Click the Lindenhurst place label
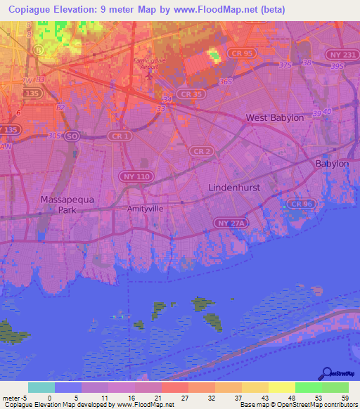click(x=234, y=188)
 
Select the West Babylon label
click(x=274, y=118)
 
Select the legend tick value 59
click(x=345, y=398)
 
